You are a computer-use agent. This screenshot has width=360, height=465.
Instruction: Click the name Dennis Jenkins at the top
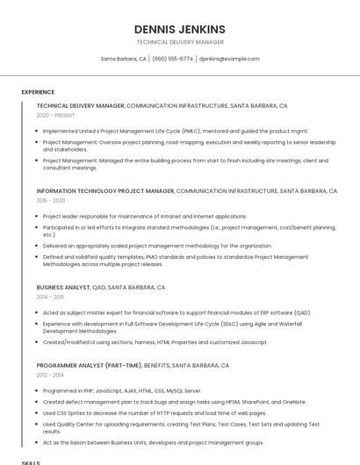[180, 29]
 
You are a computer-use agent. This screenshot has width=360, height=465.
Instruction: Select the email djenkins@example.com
[229, 59]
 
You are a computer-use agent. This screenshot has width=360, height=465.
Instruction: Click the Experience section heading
[38, 92]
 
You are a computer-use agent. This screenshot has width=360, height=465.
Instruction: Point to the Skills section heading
[31, 461]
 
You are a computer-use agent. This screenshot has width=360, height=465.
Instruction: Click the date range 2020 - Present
[56, 115]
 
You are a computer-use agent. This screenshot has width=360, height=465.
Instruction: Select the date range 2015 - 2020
[51, 200]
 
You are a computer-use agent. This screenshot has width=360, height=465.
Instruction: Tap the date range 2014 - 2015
[51, 297]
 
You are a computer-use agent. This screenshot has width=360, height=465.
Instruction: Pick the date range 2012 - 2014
[51, 375]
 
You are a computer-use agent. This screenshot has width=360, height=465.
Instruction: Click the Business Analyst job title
[63, 287]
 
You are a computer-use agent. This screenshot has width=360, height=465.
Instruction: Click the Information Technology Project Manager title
[105, 190]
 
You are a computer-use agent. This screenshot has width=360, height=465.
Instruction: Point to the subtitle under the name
[180, 42]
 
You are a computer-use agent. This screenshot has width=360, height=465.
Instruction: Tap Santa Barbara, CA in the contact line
[124, 59]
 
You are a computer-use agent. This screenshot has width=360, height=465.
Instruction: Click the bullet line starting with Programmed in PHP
[122, 390]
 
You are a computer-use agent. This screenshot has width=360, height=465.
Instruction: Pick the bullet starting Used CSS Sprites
[154, 412]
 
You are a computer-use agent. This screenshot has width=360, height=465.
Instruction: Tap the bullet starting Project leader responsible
[145, 216]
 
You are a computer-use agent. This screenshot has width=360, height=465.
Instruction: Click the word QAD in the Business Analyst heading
[98, 287]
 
